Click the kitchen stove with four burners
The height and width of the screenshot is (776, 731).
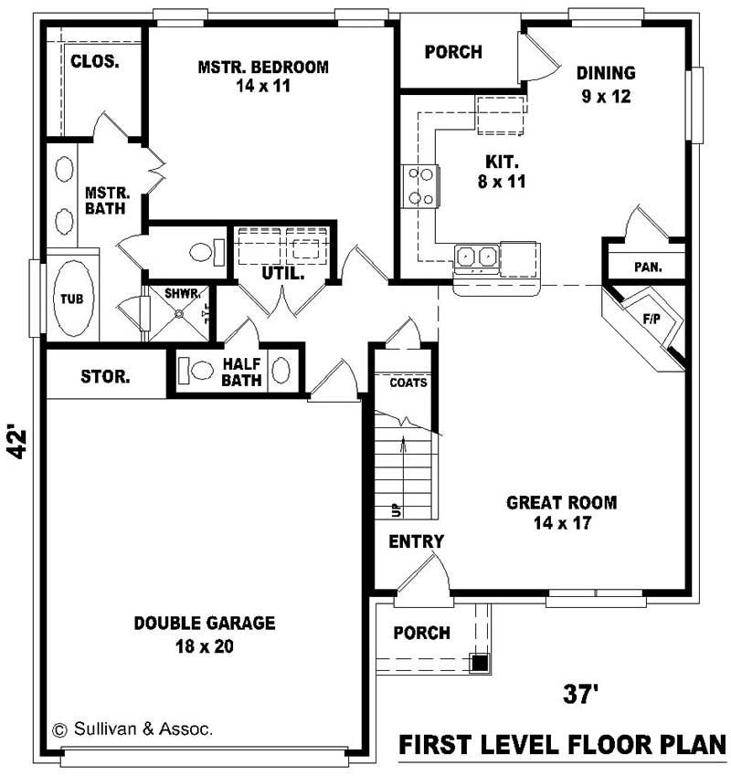click(x=419, y=185)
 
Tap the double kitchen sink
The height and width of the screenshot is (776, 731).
click(x=476, y=257)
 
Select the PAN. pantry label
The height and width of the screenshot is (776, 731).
click(x=648, y=267)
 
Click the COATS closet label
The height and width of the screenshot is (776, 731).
click(x=408, y=383)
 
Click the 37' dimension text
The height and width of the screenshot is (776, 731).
click(x=581, y=695)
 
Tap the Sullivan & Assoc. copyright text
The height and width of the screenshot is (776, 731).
click(x=133, y=729)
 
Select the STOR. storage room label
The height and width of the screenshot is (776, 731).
click(x=104, y=375)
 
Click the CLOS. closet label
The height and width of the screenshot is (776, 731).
click(x=92, y=61)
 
